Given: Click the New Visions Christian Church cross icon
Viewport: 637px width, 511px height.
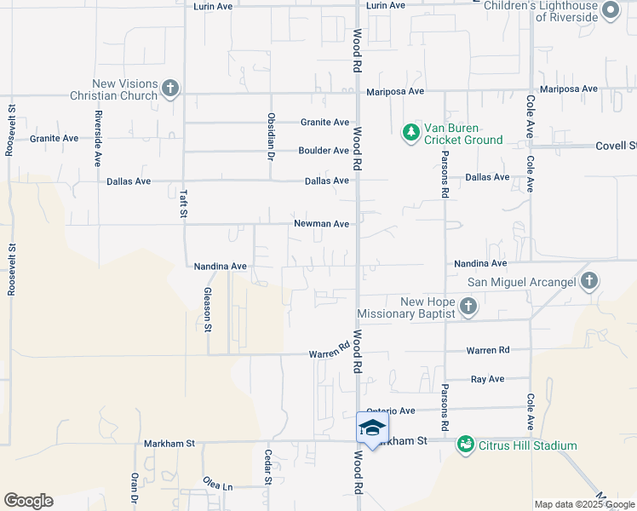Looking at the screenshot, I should (x=170, y=88).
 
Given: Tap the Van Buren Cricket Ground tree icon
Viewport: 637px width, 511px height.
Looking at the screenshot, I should (x=411, y=132).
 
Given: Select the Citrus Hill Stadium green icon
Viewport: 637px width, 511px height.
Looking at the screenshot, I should (x=465, y=445).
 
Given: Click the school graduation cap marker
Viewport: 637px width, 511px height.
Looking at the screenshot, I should (x=372, y=428).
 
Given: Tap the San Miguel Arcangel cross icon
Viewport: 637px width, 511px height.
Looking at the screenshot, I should (x=589, y=281).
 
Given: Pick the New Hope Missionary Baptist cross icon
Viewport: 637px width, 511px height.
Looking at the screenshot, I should (x=468, y=306).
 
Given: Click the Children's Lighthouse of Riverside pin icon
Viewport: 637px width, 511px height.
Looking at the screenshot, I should (x=610, y=11).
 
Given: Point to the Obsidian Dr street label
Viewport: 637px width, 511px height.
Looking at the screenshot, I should (x=272, y=136).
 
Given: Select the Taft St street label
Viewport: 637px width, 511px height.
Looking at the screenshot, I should (x=183, y=203).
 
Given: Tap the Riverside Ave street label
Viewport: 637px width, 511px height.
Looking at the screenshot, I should (x=99, y=138).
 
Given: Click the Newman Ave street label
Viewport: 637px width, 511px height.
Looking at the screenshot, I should (x=322, y=224).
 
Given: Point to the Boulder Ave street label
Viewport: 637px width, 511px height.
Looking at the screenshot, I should (x=324, y=151).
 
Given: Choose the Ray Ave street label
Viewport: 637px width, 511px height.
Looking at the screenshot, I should (x=487, y=378).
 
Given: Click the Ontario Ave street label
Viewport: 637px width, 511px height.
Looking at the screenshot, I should (x=390, y=410).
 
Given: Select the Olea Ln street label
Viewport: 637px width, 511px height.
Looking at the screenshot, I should (x=218, y=485).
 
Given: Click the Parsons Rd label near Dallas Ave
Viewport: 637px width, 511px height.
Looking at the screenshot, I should (x=445, y=174).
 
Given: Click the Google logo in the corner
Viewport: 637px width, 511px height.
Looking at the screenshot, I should (x=28, y=501).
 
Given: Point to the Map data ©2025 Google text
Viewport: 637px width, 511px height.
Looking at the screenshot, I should (x=584, y=504).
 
